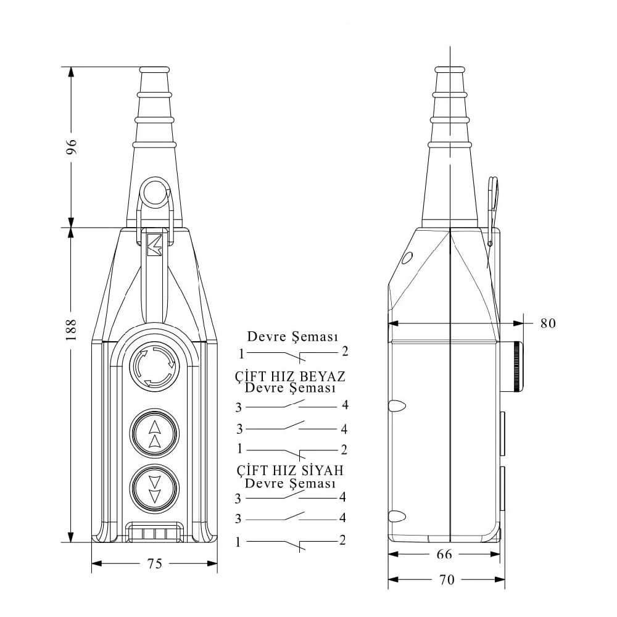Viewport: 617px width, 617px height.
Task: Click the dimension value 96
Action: pyautogui.click(x=71, y=146)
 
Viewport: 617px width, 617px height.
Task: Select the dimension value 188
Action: pyautogui.click(x=71, y=329)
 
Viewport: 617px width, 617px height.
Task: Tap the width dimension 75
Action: pyautogui.click(x=155, y=564)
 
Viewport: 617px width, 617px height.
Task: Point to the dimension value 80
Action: pyautogui.click(x=548, y=323)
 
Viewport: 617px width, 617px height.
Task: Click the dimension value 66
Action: pyautogui.click(x=444, y=554)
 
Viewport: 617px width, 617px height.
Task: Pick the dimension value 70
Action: pyautogui.click(x=447, y=579)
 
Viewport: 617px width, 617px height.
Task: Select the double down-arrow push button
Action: pyautogui.click(x=155, y=488)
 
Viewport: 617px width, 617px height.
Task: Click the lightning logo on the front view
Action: pyautogui.click(x=154, y=245)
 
